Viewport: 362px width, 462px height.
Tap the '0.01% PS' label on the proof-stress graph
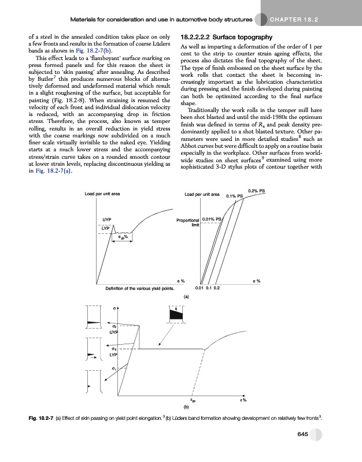[212, 220]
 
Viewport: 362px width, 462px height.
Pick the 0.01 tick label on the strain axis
[199, 287]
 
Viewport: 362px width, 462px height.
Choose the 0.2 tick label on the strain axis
[217, 287]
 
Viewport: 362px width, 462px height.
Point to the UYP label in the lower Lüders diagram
[114, 333]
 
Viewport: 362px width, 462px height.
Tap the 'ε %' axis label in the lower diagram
[243, 400]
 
